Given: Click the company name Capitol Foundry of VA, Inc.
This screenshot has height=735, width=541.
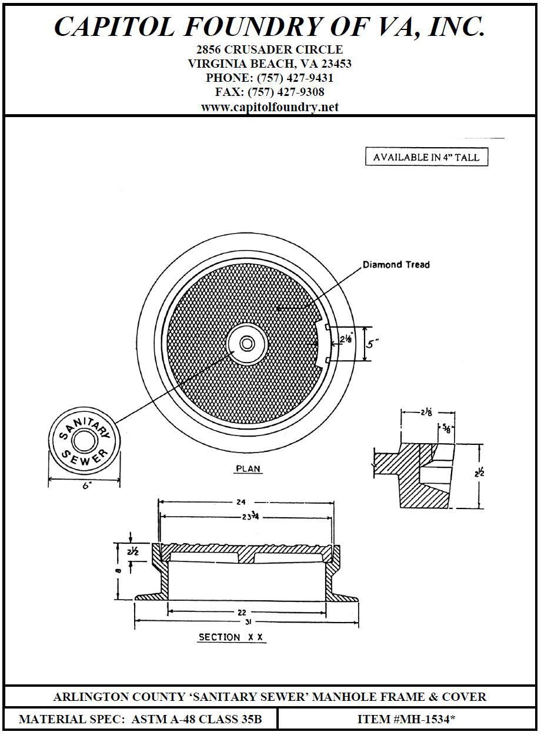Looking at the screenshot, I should pos(270,26).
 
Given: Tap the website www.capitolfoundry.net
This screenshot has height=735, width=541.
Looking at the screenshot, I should pos(270,107).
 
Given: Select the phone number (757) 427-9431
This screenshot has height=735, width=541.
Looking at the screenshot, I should pos(270,78).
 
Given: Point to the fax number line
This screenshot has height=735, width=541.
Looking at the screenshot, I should pos(270,92).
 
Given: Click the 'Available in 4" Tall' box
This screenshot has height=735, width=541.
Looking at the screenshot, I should pos(426,157).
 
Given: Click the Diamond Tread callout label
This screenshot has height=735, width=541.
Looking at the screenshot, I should pos(396,265).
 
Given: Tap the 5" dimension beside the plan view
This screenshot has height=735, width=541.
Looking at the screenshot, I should pos(371,342).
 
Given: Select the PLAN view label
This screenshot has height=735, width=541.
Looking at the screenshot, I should pos(248,469).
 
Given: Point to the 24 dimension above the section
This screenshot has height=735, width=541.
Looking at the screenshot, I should pos(241,502).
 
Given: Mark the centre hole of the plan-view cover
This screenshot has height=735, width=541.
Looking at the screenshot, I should pos(247,343).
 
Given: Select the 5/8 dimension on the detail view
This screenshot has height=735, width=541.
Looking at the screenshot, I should pos(449,429).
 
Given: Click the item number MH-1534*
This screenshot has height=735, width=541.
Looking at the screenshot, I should pos(407,719).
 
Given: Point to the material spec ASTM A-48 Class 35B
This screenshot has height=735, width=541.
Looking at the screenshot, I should pos(140,719).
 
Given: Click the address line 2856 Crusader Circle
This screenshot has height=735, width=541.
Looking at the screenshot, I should pos(270,49).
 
